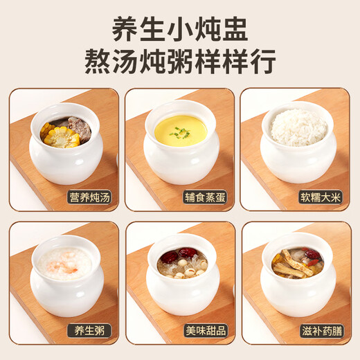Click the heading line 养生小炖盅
pyautogui.click(x=180, y=29)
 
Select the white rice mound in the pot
pyautogui.click(x=298, y=127)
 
